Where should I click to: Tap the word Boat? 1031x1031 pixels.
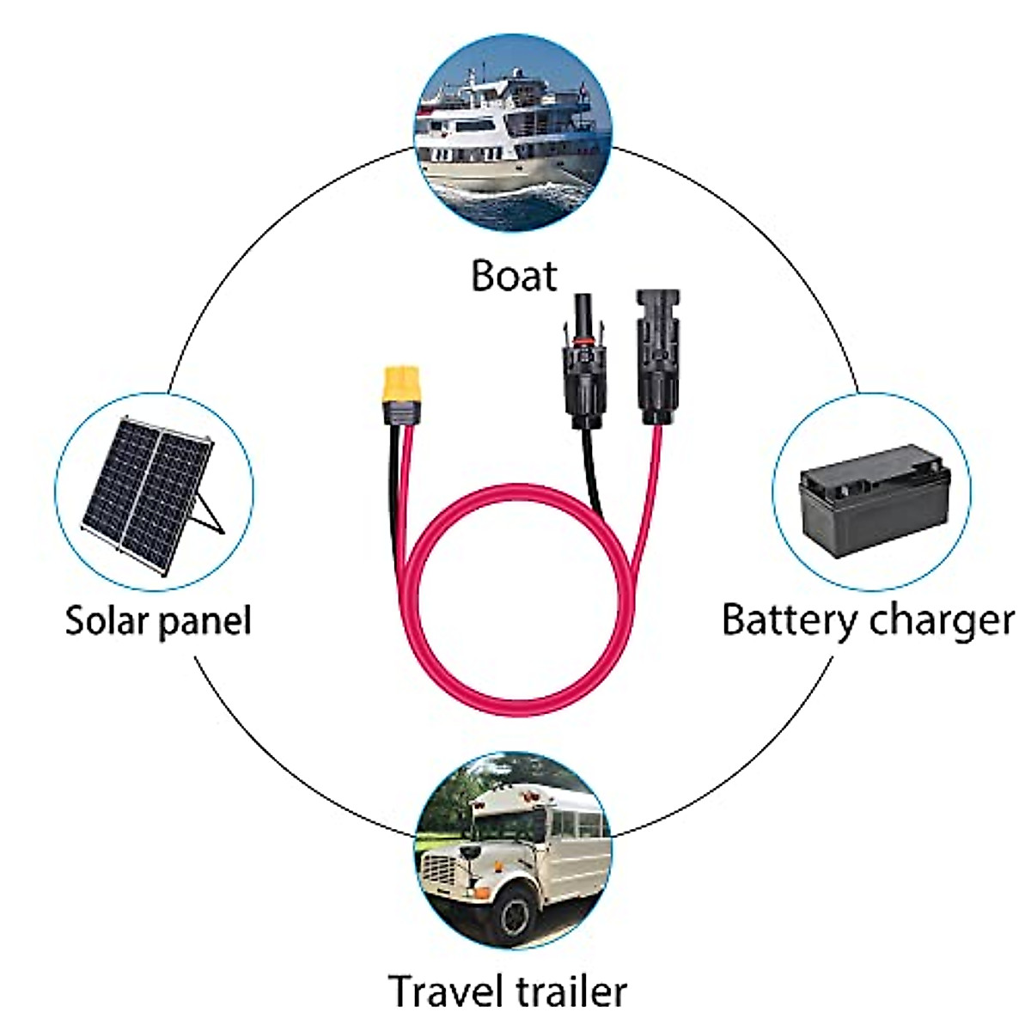pos(514,276)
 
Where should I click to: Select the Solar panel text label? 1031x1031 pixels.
pos(158,620)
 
